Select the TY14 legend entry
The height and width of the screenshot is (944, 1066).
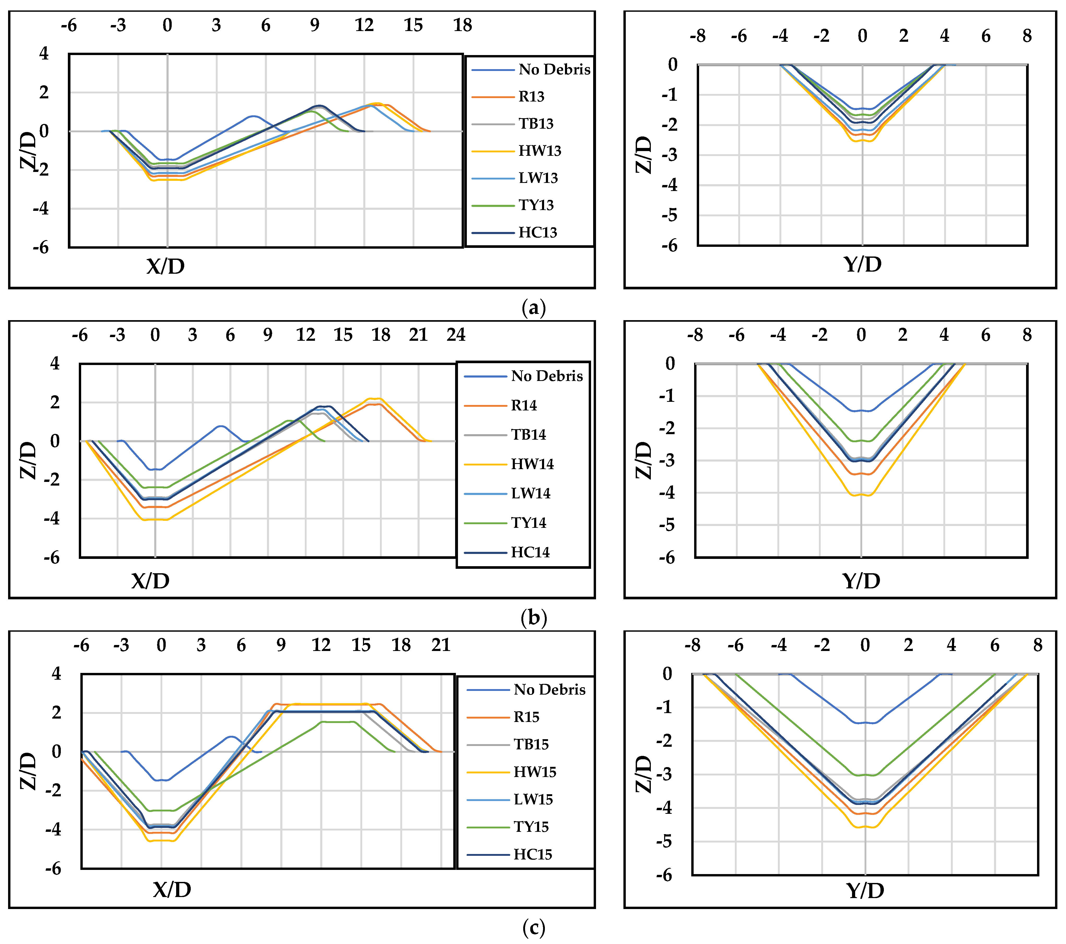tap(528, 523)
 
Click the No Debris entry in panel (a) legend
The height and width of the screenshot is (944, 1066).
tap(554, 69)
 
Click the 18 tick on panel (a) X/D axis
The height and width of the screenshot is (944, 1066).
tap(462, 25)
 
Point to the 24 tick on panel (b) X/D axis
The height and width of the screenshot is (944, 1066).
tap(456, 335)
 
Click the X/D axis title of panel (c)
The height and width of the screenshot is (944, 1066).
tap(172, 889)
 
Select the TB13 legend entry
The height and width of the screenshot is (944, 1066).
tap(535, 124)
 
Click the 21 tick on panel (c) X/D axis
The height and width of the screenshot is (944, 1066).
tap(441, 645)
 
